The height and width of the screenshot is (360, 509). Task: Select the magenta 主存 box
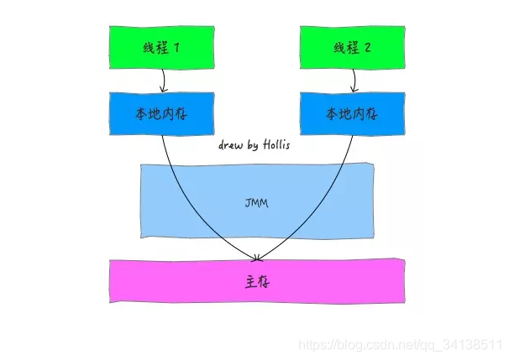pyautogui.click(x=257, y=283)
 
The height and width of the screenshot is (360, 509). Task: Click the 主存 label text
pyautogui.click(x=257, y=283)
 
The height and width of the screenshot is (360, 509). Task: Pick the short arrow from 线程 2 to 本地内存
pyautogui.click(x=354, y=80)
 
